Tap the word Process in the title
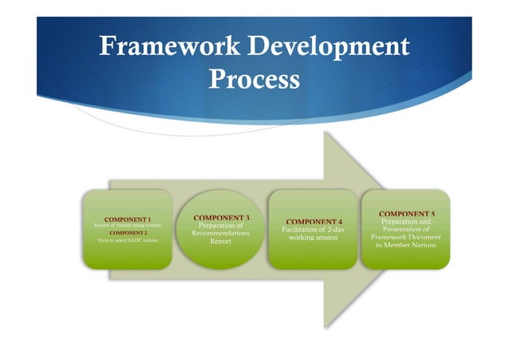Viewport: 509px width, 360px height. [254, 80]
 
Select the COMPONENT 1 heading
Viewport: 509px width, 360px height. [128, 219]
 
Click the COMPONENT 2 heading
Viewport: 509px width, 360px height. [128, 232]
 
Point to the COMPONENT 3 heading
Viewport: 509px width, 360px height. [222, 217]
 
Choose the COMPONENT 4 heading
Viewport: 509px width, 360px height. [314, 221]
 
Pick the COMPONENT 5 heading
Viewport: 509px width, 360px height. [406, 214]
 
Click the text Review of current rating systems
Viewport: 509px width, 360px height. [128, 225]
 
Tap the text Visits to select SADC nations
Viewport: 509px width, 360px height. [128, 239]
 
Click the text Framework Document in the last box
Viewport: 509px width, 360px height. [406, 237]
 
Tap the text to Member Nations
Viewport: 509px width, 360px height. [406, 245]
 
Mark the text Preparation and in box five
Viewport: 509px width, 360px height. [406, 222]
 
